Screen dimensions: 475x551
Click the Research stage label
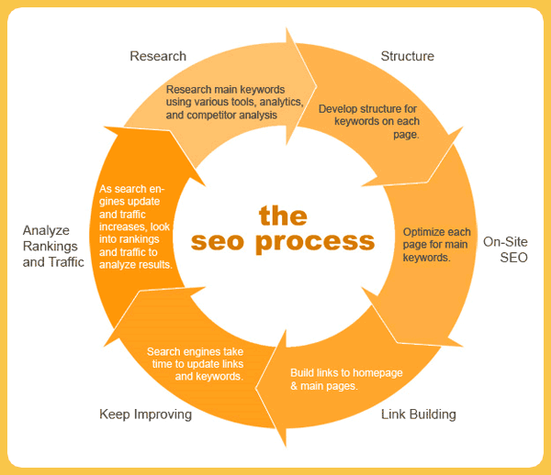pyautogui.click(x=158, y=56)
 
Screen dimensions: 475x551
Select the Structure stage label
pyautogui.click(x=407, y=56)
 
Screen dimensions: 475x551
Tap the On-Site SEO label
pyautogui.click(x=505, y=250)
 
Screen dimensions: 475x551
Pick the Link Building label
pyautogui.click(x=418, y=414)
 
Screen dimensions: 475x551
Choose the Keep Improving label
pyautogui.click(x=145, y=414)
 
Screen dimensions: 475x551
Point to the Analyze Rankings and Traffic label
pyautogui.click(x=53, y=246)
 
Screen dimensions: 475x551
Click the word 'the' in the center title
pyautogui.click(x=282, y=215)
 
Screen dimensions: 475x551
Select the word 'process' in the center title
pyautogui.click(x=315, y=242)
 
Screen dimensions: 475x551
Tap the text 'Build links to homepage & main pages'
pyautogui.click(x=346, y=379)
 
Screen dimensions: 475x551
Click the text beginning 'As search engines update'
pyautogui.click(x=136, y=226)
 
